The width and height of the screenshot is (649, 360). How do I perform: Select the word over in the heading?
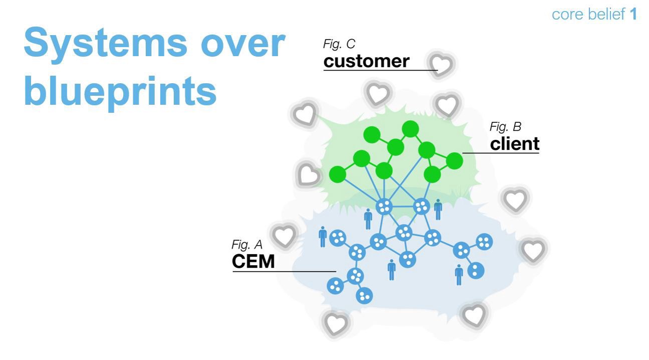[243, 44]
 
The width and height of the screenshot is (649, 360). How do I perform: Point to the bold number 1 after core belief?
[633, 15]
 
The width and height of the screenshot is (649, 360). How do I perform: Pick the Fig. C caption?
[339, 44]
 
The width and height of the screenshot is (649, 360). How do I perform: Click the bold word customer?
[366, 61]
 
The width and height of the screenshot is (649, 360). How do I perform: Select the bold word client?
[515, 144]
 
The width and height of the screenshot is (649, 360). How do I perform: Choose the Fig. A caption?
[247, 245]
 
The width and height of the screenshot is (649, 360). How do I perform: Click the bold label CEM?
[253, 261]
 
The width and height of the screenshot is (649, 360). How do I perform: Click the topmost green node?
[410, 129]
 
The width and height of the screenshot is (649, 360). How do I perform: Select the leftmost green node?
[338, 174]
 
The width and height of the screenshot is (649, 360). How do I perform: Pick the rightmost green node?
[455, 161]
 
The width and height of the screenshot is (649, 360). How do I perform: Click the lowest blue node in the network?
[364, 296]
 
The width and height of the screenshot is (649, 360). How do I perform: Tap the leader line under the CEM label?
[284, 271]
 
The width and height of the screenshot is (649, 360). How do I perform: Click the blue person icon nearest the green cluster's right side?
[438, 209]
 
